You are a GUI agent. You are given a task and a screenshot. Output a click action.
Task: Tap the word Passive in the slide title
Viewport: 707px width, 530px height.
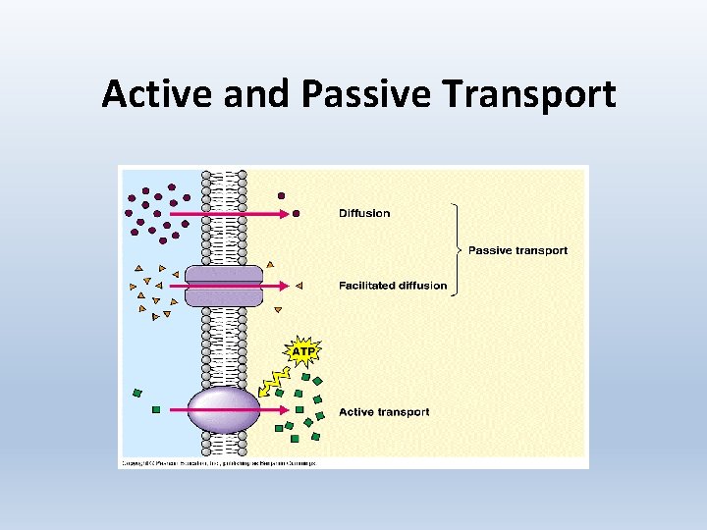click(367, 94)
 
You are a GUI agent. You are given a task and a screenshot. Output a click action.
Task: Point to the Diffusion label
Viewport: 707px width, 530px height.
click(364, 213)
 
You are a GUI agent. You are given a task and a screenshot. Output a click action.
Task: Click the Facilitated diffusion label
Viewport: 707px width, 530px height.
click(393, 286)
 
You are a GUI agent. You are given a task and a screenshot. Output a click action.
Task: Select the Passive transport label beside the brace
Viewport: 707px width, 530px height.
click(517, 250)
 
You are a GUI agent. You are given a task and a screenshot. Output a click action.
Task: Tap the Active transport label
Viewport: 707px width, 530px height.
click(384, 412)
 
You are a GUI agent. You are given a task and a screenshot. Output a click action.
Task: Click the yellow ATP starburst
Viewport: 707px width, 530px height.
click(301, 349)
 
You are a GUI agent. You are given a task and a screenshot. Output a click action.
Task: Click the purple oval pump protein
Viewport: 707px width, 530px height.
click(224, 409)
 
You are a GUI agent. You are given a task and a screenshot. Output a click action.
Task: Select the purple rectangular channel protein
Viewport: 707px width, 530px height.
click(224, 286)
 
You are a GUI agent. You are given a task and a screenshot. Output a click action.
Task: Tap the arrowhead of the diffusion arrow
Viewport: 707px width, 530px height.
click(283, 213)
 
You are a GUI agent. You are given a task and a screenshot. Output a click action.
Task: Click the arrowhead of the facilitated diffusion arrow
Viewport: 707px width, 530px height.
click(283, 286)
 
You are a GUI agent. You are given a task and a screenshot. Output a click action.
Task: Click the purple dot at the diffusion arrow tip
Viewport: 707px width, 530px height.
click(297, 213)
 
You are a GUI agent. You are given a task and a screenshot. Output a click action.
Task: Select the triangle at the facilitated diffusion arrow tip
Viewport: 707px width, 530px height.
click(299, 286)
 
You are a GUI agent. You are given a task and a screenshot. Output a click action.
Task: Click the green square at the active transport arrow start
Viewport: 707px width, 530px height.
click(156, 409)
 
